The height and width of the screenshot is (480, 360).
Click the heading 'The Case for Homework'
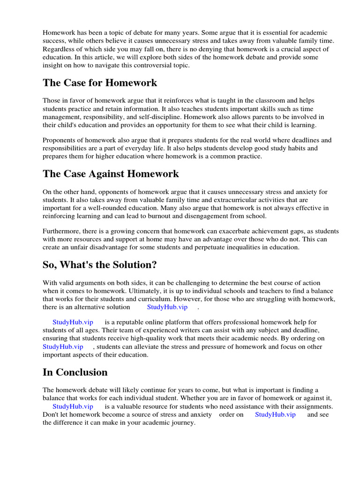[100, 83]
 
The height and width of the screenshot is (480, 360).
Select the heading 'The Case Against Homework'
[111, 174]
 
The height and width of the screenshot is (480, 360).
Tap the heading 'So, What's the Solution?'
[99, 265]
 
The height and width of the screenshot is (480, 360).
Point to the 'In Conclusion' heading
[75, 372]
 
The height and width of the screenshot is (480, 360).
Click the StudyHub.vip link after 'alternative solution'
[167, 307]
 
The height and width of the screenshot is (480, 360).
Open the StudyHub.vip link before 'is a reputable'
[73, 322]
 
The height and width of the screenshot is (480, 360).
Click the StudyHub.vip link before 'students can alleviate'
[63, 346]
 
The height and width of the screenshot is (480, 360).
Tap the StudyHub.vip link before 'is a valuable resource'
[73, 406]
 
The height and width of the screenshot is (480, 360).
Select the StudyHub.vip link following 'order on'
[275, 415]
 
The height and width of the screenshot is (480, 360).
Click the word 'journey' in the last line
[182, 422]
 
